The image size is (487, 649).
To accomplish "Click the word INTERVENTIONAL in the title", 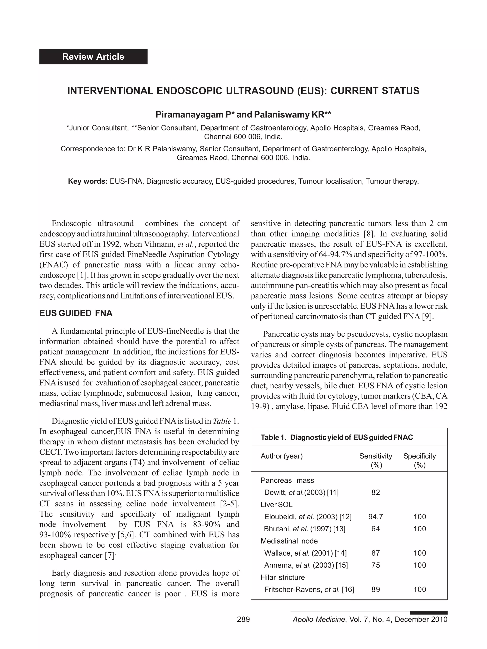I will (x=110, y=91).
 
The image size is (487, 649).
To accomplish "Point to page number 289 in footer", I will (x=243, y=619).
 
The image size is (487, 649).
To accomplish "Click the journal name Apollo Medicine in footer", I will (x=318, y=619).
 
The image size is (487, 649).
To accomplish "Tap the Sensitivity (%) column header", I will (x=375, y=460).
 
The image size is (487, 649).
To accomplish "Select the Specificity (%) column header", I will (x=419, y=460).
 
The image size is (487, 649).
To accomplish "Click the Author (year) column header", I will (x=282, y=456).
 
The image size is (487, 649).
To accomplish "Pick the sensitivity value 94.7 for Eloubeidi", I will (x=375, y=517).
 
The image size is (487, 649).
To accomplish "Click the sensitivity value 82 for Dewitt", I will (x=375, y=492).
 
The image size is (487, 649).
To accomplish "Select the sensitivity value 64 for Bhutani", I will (x=375, y=529).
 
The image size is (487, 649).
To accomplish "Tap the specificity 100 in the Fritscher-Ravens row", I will (x=419, y=589).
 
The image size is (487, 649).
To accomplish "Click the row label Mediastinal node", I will (x=289, y=541).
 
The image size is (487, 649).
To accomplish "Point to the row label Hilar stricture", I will (x=282, y=577).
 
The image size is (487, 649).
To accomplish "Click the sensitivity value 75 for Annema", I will (x=375, y=565).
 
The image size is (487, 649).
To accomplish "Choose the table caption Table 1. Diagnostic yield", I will (x=336, y=437).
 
